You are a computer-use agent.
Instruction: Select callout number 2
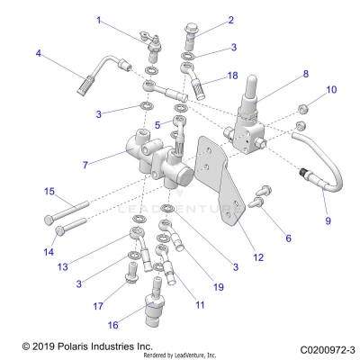(230, 20)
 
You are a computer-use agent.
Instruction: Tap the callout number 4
(38, 54)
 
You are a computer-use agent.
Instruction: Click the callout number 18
(233, 77)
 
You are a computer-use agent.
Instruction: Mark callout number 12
(258, 257)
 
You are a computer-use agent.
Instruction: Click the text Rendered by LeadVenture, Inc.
(180, 355)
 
